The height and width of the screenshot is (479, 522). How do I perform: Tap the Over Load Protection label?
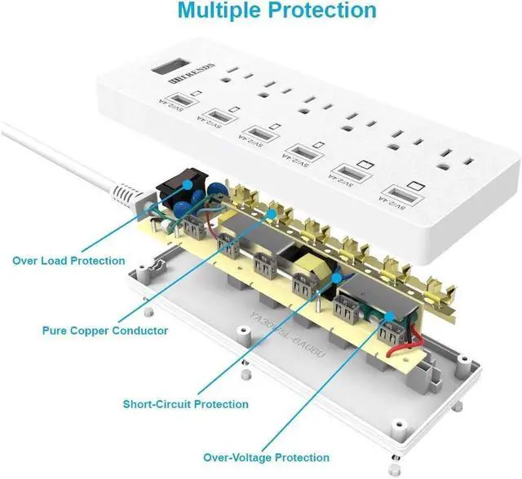(69, 261)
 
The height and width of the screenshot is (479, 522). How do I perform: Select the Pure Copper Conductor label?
(105, 331)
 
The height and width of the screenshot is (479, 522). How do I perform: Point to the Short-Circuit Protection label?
(185, 403)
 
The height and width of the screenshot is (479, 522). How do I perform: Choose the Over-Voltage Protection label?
(267, 457)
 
